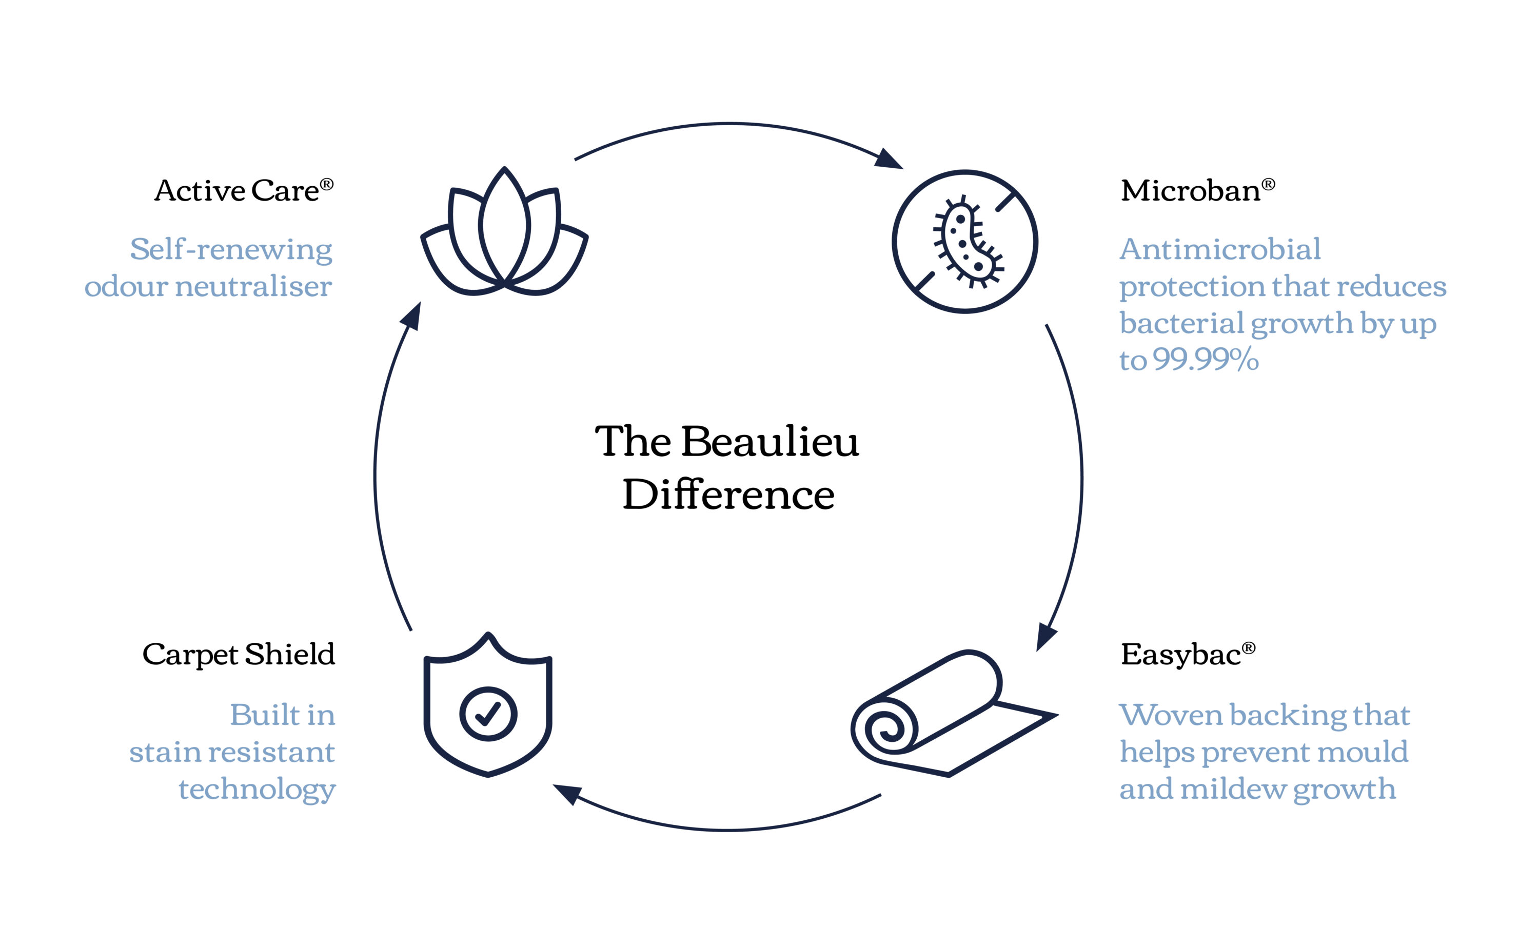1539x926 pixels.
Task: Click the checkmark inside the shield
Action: [x=488, y=713]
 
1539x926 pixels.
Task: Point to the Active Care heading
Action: [x=244, y=190]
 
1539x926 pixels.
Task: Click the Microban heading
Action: [x=1198, y=190]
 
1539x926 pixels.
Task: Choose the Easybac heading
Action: [x=1188, y=655]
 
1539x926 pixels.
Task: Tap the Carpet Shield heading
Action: [x=239, y=655]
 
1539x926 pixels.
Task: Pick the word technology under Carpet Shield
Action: [x=257, y=790]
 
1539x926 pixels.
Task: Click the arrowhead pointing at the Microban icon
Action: [x=889, y=159]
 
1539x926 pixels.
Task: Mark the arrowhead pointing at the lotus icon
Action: [x=411, y=316]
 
